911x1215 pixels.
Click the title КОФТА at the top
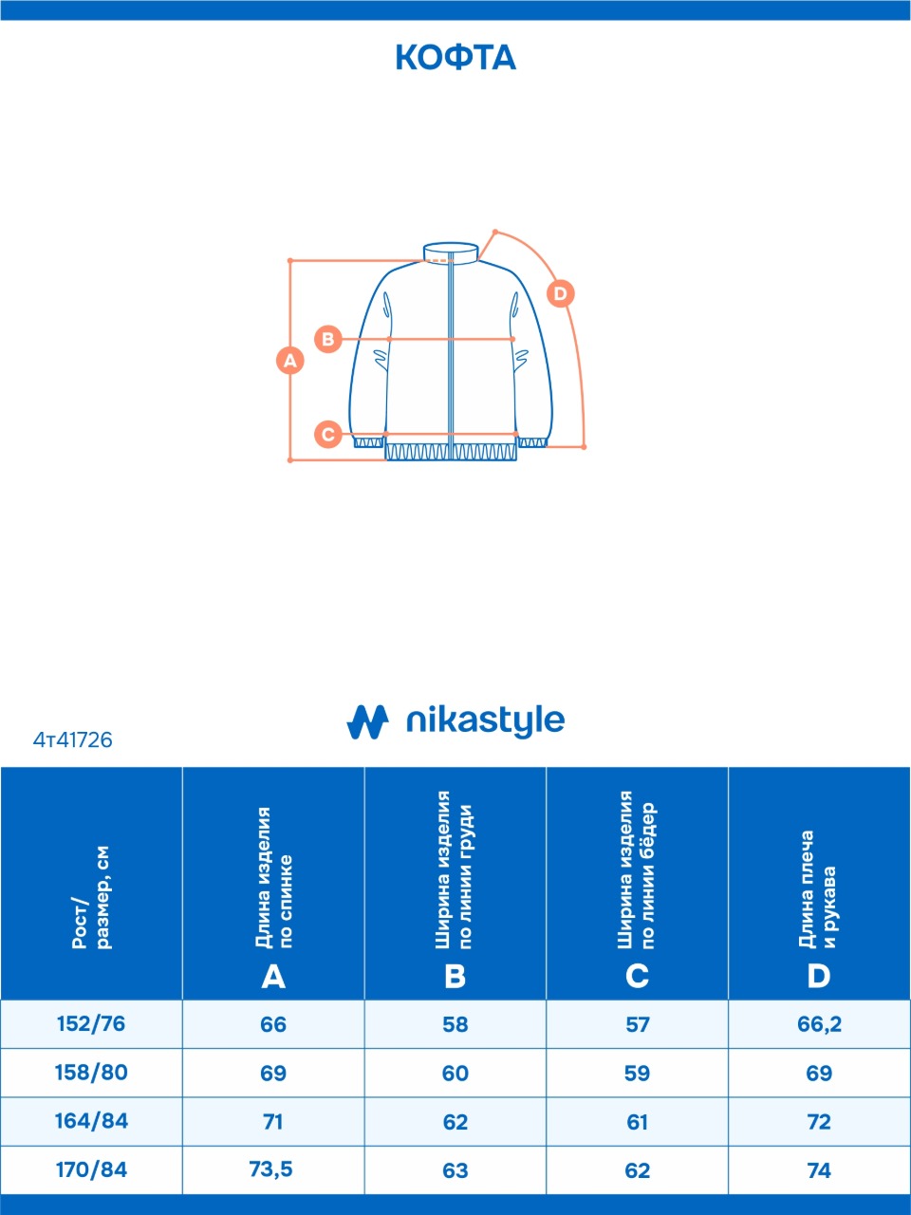tap(455, 58)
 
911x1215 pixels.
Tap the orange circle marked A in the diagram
tap(289, 361)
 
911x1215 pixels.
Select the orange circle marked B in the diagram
tap(328, 339)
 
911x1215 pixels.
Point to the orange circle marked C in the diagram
tap(328, 434)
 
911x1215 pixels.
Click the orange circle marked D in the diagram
tap(560, 293)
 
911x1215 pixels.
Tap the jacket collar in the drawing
tap(451, 252)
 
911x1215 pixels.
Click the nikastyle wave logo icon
tap(367, 721)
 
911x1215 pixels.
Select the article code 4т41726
tap(72, 740)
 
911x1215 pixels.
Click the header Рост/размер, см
tap(91, 898)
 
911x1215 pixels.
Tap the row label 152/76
tap(91, 1024)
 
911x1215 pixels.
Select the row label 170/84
tap(91, 1169)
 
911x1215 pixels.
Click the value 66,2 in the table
tap(819, 1024)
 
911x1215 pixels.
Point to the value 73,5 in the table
tap(271, 1169)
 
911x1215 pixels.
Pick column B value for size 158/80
tap(455, 1074)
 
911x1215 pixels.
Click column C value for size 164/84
tap(637, 1122)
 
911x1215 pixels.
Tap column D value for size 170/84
tap(819, 1170)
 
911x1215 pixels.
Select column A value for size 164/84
tap(272, 1122)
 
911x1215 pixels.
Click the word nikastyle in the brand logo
tap(486, 721)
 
